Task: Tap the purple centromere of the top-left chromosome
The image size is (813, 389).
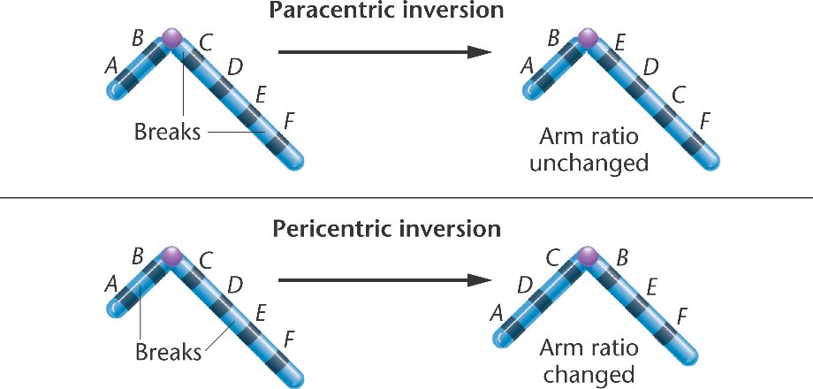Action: (x=171, y=39)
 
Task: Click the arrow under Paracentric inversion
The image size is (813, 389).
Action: (x=384, y=53)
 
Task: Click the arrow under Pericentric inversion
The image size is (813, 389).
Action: (x=384, y=280)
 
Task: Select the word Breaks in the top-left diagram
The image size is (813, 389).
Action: (x=168, y=133)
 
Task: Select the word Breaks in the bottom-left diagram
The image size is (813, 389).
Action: (x=168, y=352)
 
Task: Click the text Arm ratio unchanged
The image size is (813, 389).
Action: (x=596, y=150)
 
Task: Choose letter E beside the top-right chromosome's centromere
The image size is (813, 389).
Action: (x=622, y=42)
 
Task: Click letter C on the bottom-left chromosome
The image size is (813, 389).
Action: (x=206, y=261)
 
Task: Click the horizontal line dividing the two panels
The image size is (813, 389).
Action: (x=406, y=197)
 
